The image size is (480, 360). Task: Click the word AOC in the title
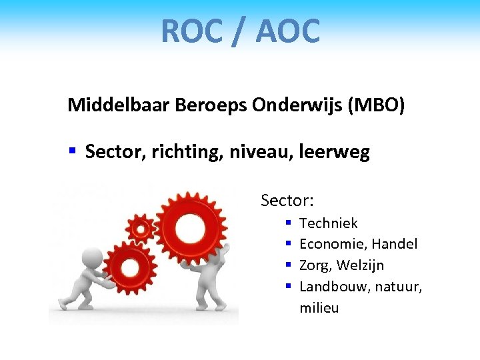[x=288, y=31]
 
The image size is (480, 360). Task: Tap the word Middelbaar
[x=119, y=105]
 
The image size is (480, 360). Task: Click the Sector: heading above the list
[x=287, y=200]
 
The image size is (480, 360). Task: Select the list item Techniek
[x=329, y=223]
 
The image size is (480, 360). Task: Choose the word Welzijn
[x=360, y=265]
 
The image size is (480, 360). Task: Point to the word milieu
[x=319, y=308]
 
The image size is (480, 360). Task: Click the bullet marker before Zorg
[x=289, y=265]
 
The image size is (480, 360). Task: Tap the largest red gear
[x=191, y=227]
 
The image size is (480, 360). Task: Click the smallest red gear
[x=141, y=229]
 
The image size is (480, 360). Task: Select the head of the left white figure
[x=92, y=257]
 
